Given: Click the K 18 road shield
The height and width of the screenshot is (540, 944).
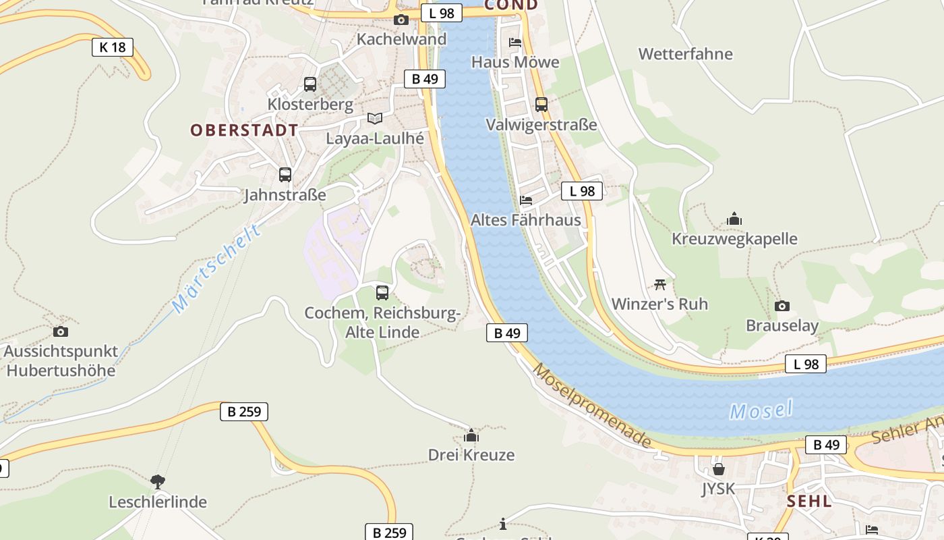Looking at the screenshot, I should [x=113, y=47].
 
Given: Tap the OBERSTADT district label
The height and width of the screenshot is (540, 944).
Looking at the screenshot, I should [x=244, y=130].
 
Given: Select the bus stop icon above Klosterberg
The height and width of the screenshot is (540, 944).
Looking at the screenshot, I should [x=310, y=84].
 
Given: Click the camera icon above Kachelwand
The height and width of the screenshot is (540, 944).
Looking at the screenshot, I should [x=401, y=20].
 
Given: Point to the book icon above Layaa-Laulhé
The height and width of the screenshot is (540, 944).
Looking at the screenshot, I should [x=375, y=118].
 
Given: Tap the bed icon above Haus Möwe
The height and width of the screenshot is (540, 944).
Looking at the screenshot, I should [x=515, y=43].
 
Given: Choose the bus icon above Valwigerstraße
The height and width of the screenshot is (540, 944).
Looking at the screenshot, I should [x=541, y=105].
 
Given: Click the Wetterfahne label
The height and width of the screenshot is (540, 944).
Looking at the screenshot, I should [x=685, y=54].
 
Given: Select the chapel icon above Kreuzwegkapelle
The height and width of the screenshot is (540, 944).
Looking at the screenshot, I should [x=734, y=219].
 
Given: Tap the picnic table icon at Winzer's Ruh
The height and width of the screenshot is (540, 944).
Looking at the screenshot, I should [x=660, y=284].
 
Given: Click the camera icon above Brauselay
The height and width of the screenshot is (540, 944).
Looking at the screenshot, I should [x=782, y=306].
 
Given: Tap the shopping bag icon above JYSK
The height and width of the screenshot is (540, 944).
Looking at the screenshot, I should [x=719, y=468].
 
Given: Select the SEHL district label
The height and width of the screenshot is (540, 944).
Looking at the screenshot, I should [x=809, y=502].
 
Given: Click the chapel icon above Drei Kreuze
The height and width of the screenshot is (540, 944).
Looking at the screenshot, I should [x=471, y=435].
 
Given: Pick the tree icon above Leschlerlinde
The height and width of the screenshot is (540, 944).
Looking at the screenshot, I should [x=158, y=482].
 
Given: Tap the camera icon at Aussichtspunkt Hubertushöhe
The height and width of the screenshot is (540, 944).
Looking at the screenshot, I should [x=61, y=331].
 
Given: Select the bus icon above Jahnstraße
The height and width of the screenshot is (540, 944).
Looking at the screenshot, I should [x=285, y=175].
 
